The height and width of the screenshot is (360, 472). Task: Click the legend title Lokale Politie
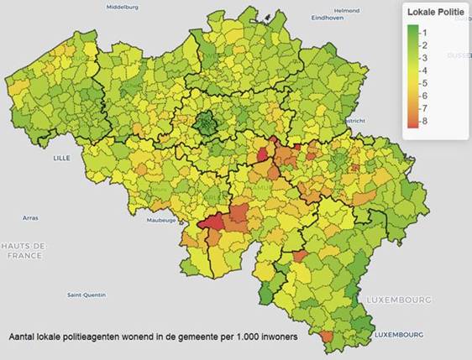click(434, 13)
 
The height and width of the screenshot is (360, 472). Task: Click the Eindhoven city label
click(327, 18)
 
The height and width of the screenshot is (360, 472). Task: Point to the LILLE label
click(61, 157)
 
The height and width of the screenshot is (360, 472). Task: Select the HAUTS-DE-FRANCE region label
click(24, 249)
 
